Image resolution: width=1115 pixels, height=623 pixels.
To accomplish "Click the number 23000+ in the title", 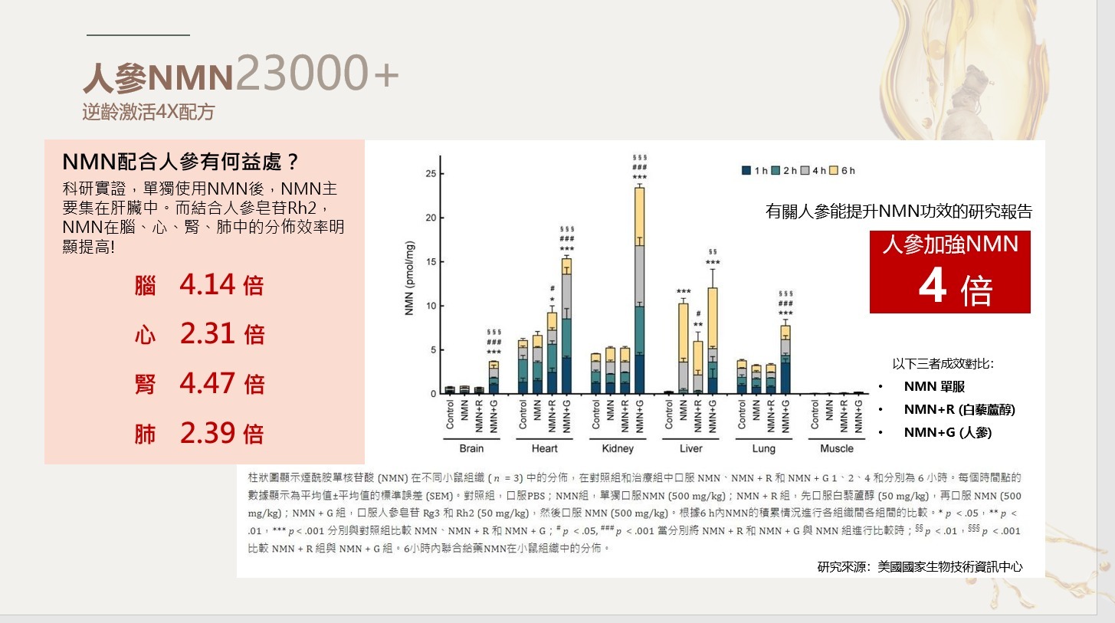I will (317, 74).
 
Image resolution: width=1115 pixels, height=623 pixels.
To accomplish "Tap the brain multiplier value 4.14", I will (208, 285).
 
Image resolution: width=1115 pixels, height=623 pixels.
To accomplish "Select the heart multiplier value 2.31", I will (208, 334).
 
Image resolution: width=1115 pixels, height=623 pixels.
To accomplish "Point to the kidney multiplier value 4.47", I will (208, 383).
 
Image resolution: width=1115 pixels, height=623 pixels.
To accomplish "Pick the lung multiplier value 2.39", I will (208, 433).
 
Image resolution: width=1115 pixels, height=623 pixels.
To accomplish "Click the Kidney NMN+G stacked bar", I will (639, 291).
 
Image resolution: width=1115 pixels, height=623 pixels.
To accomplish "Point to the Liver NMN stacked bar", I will (683, 349).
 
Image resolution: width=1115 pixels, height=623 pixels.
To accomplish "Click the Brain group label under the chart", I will (471, 448).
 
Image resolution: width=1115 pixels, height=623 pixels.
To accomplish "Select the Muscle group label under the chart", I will (836, 448).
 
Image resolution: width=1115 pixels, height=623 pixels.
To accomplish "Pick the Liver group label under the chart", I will (690, 448).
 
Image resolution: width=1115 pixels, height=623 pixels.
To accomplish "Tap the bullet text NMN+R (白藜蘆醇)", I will (959, 410).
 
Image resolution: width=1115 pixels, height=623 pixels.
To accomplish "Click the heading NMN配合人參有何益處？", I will (180, 162).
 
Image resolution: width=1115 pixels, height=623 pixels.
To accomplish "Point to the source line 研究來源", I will (920, 567).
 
